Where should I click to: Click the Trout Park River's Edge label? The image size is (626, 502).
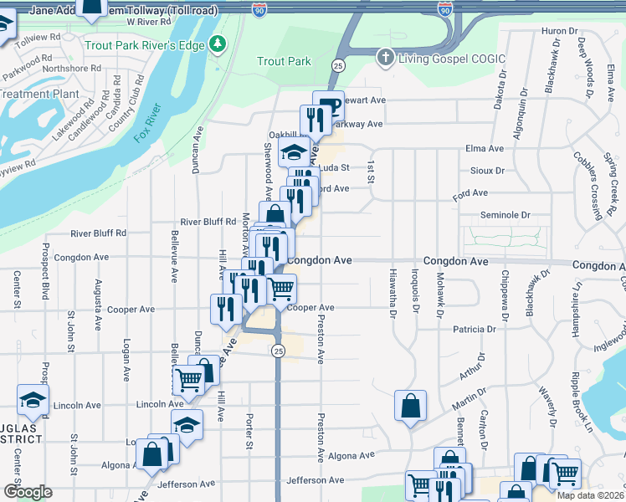click(x=145, y=44)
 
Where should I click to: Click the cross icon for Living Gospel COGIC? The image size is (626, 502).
click(x=385, y=57)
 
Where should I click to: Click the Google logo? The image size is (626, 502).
click(x=28, y=492)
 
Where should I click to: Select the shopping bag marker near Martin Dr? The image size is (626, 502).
click(x=410, y=407)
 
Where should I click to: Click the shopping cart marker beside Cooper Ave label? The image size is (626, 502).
click(x=281, y=289)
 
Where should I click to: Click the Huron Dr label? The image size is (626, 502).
click(x=560, y=31)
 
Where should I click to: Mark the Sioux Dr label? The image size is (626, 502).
click(x=488, y=170)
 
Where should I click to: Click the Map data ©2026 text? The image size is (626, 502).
click(x=590, y=494)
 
